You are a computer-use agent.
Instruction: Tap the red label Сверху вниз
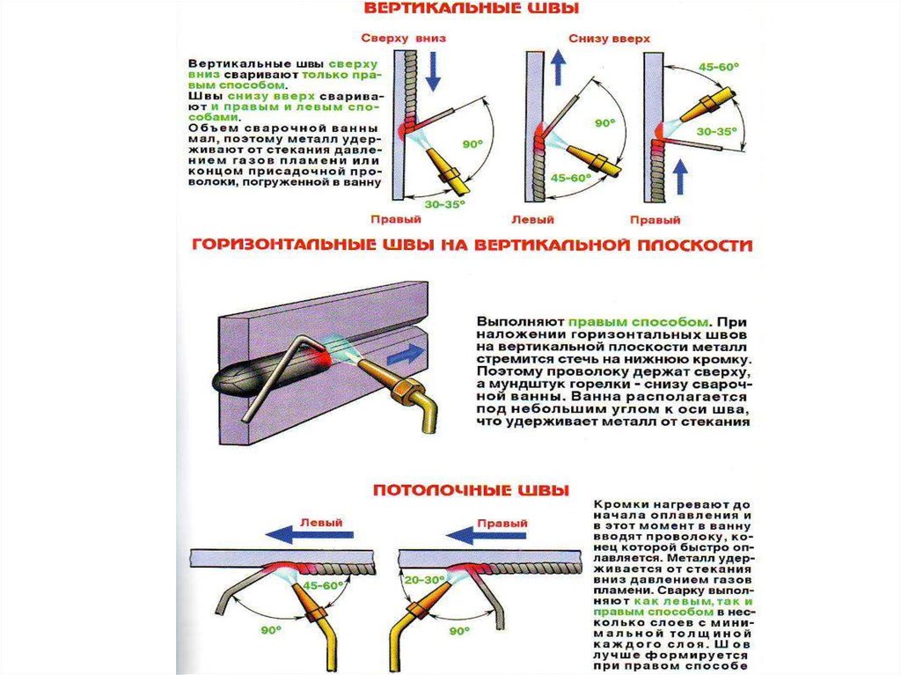(398, 40)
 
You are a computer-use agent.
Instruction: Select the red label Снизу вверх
(609, 40)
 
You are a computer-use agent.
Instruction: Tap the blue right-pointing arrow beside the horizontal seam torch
(405, 356)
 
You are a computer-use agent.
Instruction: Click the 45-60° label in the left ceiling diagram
(321, 584)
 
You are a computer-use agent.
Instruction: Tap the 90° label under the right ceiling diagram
(458, 630)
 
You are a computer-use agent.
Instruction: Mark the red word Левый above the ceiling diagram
(321, 521)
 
